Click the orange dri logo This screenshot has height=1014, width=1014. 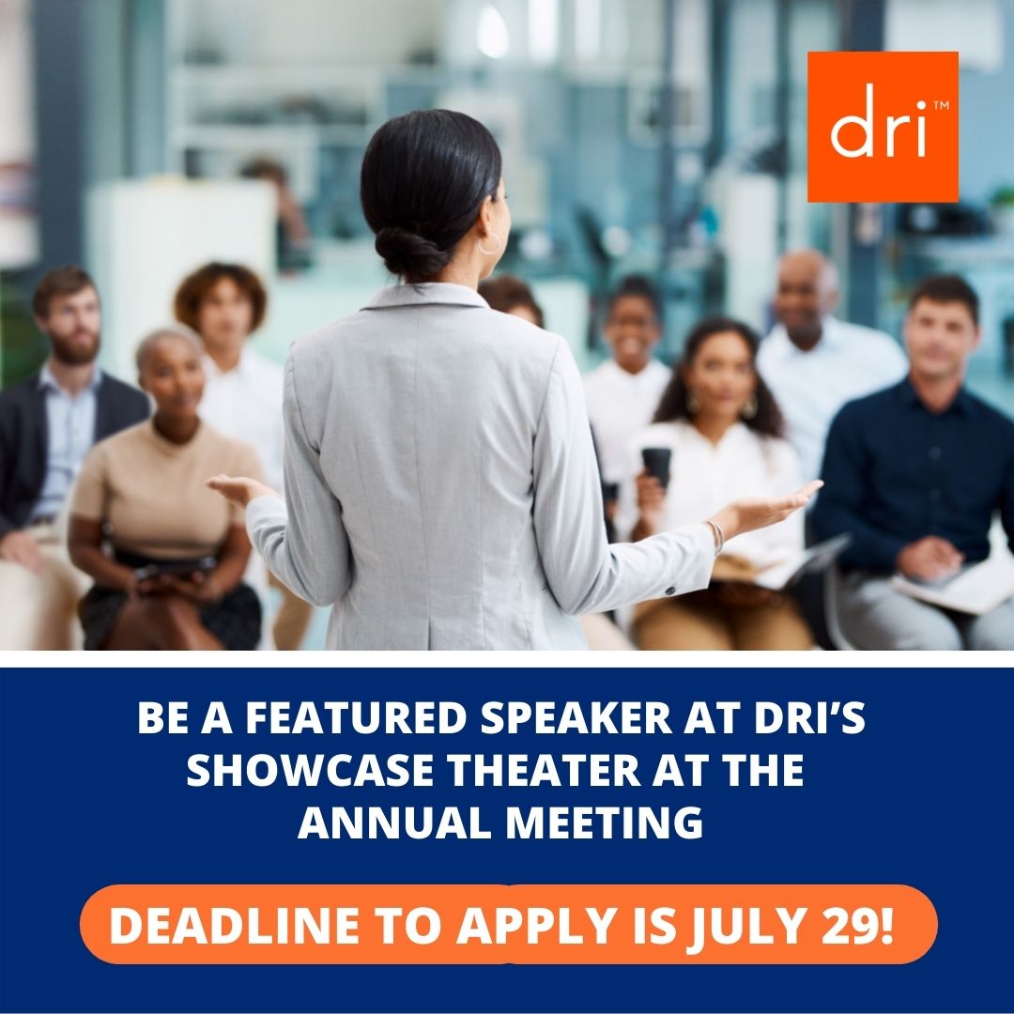(x=883, y=127)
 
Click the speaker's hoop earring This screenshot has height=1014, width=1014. (x=489, y=244)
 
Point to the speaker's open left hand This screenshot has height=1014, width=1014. (x=239, y=487)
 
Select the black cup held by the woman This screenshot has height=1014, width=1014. (x=656, y=467)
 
